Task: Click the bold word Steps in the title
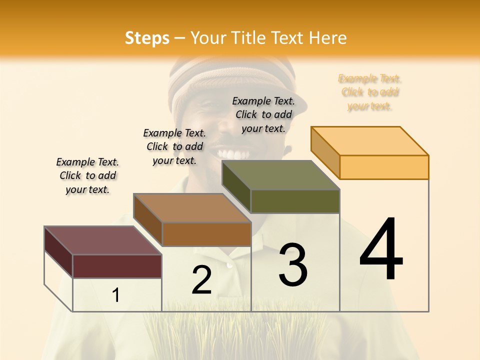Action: tap(147, 38)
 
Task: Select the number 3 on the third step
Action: tap(293, 265)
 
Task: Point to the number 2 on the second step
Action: tap(202, 280)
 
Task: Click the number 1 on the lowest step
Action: tap(116, 295)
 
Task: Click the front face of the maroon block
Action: tap(117, 266)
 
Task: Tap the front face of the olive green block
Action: tap(295, 201)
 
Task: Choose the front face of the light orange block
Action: tap(384, 167)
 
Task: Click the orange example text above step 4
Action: tap(369, 92)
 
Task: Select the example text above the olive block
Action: tap(263, 114)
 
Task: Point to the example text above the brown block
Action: tap(174, 146)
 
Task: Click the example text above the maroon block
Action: tap(87, 175)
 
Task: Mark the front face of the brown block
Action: tap(206, 234)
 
